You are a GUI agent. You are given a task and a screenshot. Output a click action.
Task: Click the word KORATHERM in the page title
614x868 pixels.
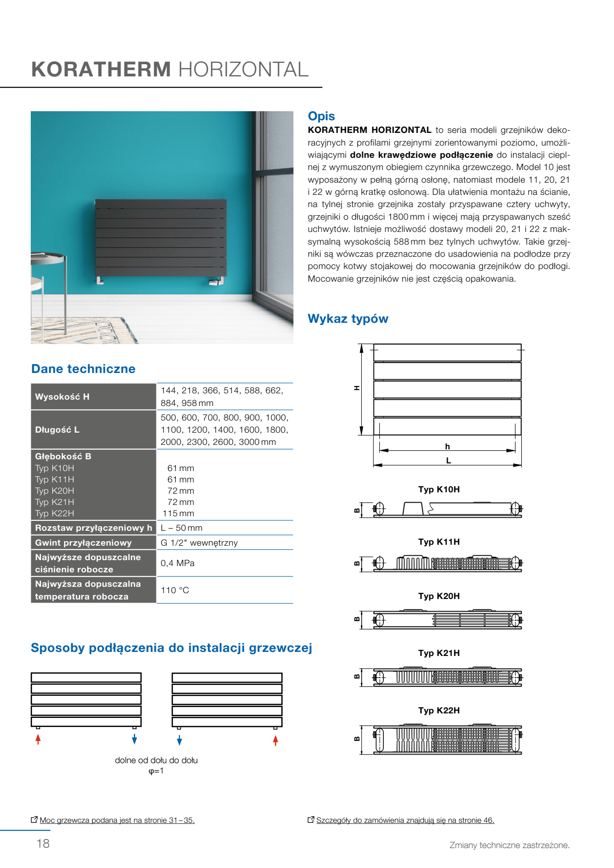click(x=101, y=70)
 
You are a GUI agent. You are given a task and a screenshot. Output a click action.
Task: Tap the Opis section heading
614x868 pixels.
click(x=321, y=116)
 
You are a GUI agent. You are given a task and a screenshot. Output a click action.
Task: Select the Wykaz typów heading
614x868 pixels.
click(x=348, y=319)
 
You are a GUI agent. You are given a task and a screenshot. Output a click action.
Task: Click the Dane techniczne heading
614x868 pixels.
click(x=83, y=369)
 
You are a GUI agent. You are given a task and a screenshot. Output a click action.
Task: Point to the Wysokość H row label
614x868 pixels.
click(x=62, y=396)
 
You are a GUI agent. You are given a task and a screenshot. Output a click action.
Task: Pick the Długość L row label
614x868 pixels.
click(x=57, y=429)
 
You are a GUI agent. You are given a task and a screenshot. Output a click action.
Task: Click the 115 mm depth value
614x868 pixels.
click(x=179, y=514)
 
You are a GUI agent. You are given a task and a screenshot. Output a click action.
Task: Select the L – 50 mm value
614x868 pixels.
click(x=181, y=528)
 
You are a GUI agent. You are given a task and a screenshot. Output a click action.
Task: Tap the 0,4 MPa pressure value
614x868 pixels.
click(x=177, y=563)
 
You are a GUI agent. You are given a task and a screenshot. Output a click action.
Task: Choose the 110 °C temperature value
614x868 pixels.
click(x=175, y=590)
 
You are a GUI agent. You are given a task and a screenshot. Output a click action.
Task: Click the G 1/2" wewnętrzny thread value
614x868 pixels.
click(x=199, y=543)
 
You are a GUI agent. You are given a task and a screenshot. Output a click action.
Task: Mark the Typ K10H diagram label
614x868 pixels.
click(x=439, y=490)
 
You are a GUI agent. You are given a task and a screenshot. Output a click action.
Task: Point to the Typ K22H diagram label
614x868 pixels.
click(x=439, y=711)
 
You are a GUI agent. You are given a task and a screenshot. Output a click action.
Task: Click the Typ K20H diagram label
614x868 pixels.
click(x=439, y=596)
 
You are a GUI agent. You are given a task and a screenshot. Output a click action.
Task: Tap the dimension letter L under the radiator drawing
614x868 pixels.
click(x=448, y=461)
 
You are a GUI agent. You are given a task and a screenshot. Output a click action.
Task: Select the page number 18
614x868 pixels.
click(x=43, y=844)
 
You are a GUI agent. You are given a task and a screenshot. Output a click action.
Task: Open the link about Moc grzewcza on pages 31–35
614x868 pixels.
click(x=117, y=820)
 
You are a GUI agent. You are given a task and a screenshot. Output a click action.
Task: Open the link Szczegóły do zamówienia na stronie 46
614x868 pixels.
click(x=405, y=820)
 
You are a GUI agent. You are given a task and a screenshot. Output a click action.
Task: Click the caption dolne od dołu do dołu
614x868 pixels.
click(x=156, y=760)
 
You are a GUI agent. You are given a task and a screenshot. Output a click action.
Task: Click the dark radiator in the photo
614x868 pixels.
click(x=161, y=237)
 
